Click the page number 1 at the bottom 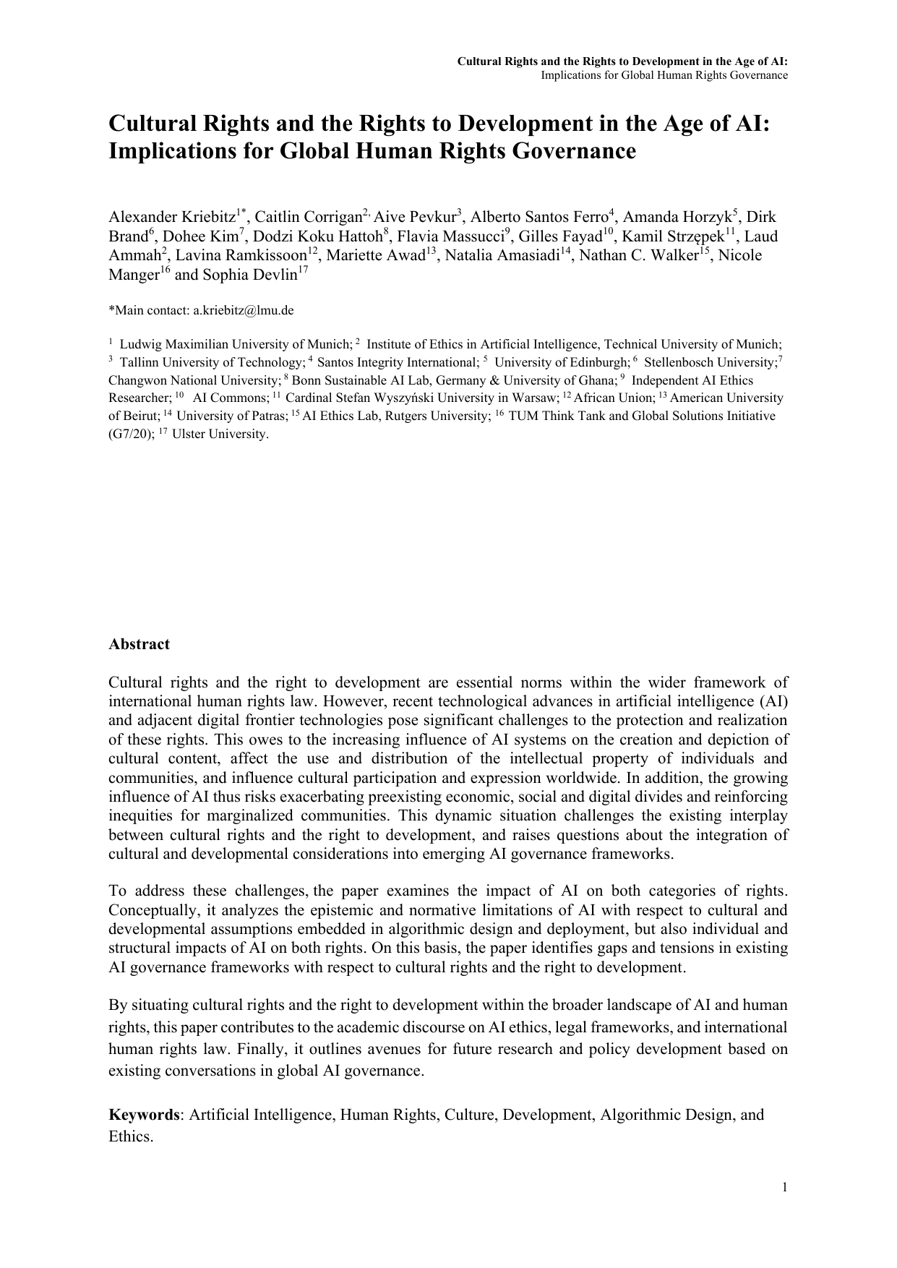click(784, 1187)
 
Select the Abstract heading click(139, 644)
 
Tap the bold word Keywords click(143, 1115)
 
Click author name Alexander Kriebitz click(172, 217)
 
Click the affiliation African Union click(613, 398)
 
